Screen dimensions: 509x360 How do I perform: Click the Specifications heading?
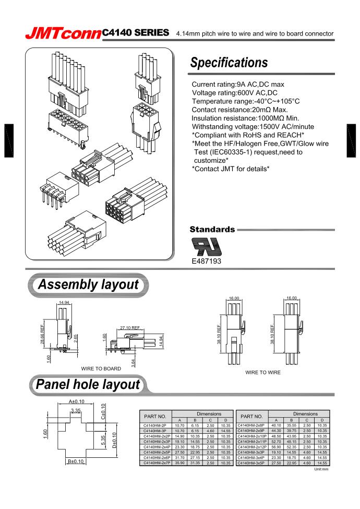tap(229, 63)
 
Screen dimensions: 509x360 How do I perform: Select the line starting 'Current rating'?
tap(238, 84)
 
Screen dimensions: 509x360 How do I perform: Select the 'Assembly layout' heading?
tap(89, 285)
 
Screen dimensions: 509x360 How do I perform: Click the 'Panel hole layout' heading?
tap(89, 385)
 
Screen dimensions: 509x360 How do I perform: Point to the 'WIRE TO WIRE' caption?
tap(263, 373)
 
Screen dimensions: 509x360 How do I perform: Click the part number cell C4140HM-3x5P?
tap(251, 463)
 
